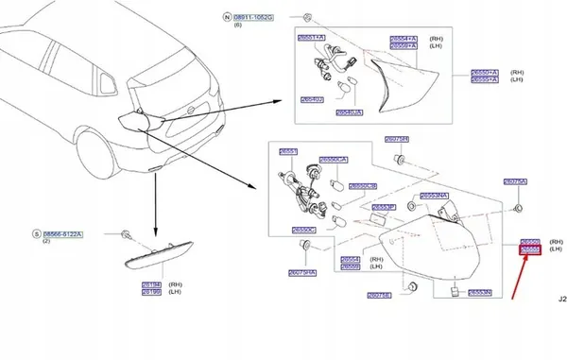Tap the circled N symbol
point(225,18)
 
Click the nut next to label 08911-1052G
point(309,18)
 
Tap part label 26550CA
point(334,160)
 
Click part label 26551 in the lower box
point(287,151)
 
